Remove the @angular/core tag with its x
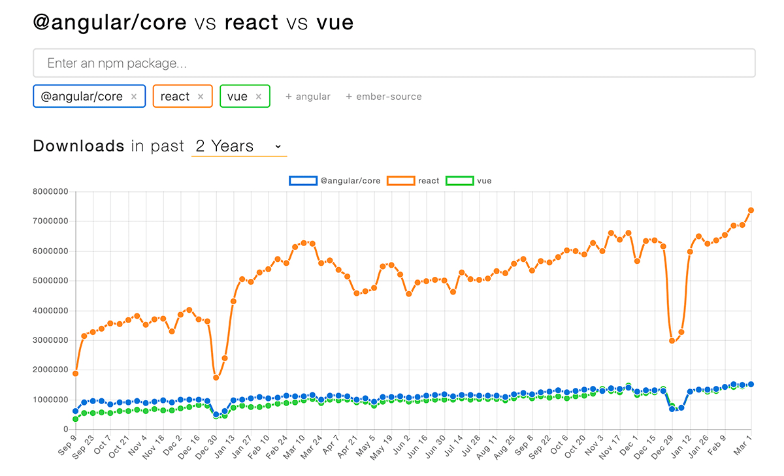point(134,97)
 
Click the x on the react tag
point(201,97)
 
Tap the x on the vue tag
point(259,97)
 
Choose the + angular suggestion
point(308,97)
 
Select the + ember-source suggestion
point(384,97)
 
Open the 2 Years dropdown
point(238,146)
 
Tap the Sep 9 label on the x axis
point(67,443)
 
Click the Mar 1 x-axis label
point(743,443)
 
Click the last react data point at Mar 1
point(751,210)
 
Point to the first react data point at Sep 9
point(75,373)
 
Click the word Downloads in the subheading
point(78,146)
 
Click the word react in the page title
point(252,23)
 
